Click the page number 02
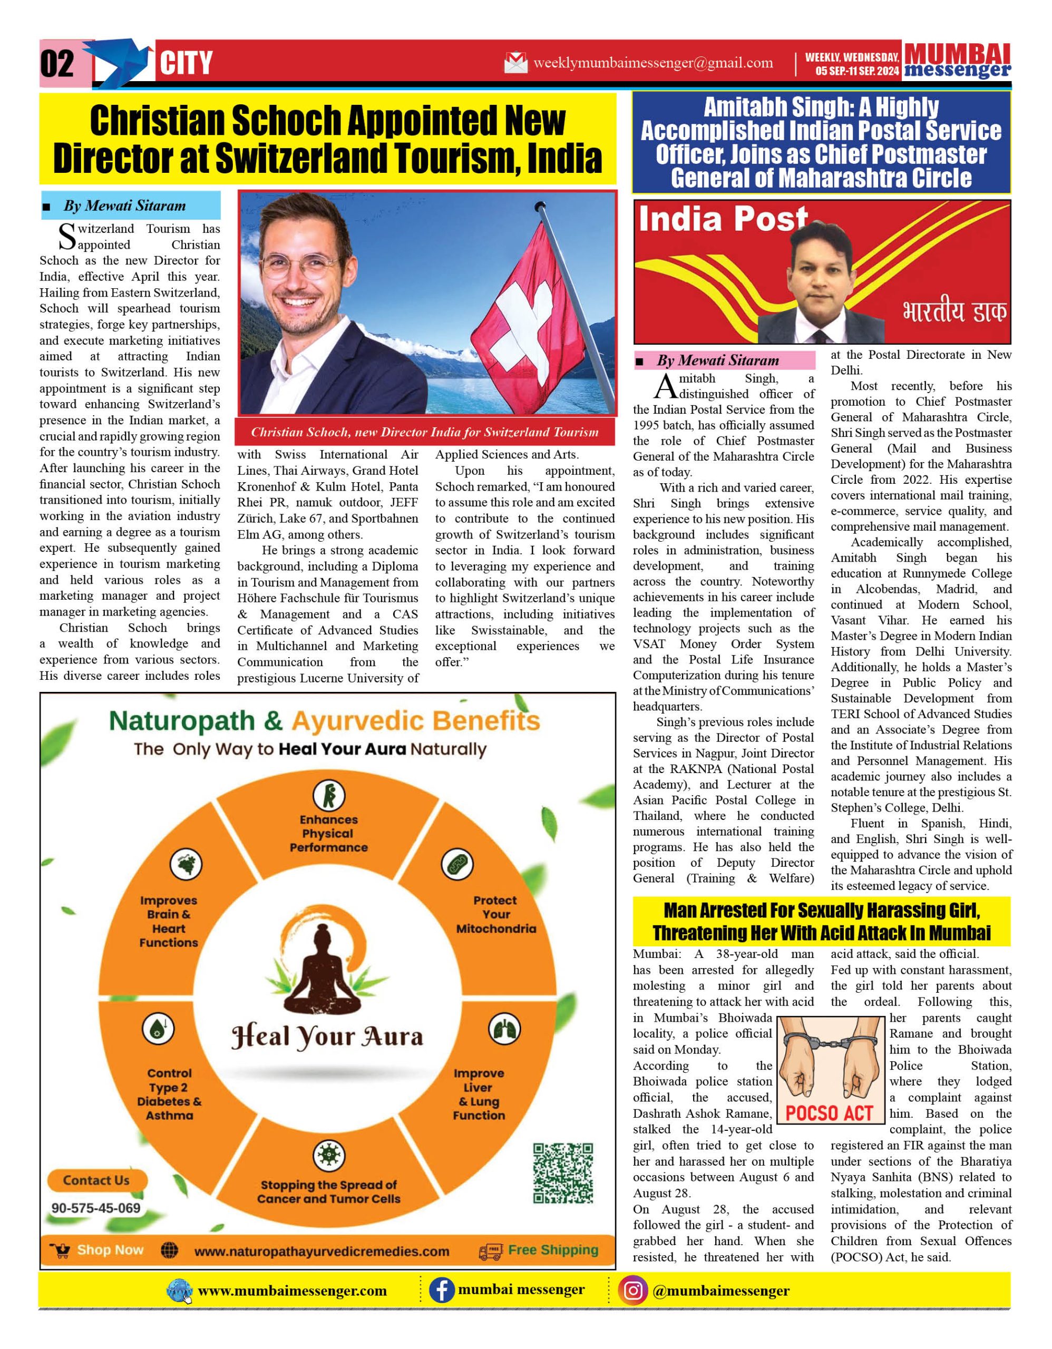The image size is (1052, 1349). [x=57, y=64]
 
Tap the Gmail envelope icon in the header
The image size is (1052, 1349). [x=516, y=62]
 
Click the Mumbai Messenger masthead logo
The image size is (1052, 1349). [x=957, y=61]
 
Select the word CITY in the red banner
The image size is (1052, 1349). [x=186, y=63]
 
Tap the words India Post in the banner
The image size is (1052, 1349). [x=723, y=219]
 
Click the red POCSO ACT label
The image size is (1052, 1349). [x=829, y=1113]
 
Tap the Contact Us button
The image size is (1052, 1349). [x=96, y=1180]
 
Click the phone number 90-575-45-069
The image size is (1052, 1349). [x=96, y=1208]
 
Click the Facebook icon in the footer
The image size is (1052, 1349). [x=442, y=1291]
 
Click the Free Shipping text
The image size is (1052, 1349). [x=553, y=1249]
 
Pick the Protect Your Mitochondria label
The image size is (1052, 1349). [x=495, y=914]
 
